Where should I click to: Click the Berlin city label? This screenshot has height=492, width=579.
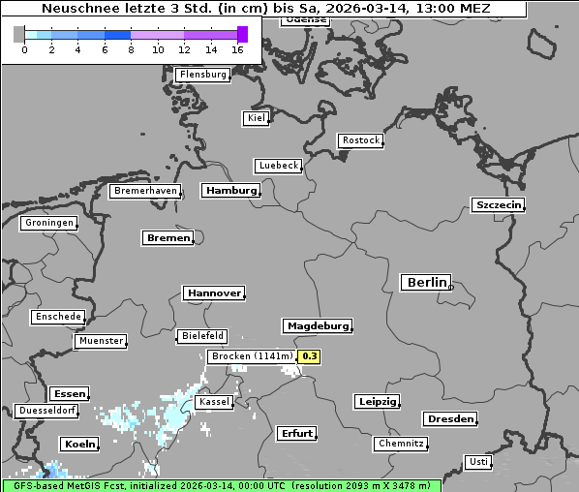pyautogui.click(x=426, y=283)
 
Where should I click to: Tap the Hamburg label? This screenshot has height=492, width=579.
pyautogui.click(x=230, y=191)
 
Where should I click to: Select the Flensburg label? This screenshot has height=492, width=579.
pyautogui.click(x=202, y=75)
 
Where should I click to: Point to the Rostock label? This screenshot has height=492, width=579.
pyautogui.click(x=360, y=140)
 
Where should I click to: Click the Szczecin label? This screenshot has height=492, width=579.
pyautogui.click(x=498, y=204)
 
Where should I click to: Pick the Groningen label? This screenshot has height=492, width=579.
pyautogui.click(x=48, y=223)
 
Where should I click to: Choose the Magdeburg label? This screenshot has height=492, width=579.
pyautogui.click(x=317, y=326)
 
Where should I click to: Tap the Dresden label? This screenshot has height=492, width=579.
pyautogui.click(x=449, y=419)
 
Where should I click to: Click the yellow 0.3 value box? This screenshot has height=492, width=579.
pyautogui.click(x=309, y=356)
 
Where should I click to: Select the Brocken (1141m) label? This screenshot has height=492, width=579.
pyautogui.click(x=251, y=356)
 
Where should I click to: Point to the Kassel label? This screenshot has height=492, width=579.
pyautogui.click(x=213, y=402)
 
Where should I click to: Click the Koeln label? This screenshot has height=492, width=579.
pyautogui.click(x=79, y=445)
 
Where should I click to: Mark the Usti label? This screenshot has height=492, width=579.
pyautogui.click(x=477, y=461)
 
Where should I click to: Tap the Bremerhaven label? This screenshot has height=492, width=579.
pyautogui.click(x=145, y=191)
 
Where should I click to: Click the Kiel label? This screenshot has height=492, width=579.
pyautogui.click(x=256, y=118)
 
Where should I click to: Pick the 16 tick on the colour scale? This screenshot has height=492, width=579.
pyautogui.click(x=238, y=50)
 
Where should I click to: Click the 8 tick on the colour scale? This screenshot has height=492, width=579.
pyautogui.click(x=131, y=50)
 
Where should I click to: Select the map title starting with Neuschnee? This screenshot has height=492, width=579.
pyautogui.click(x=265, y=9)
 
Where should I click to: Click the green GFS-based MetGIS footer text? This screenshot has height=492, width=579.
pyautogui.click(x=222, y=485)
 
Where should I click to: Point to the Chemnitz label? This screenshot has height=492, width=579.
pyautogui.click(x=400, y=444)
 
